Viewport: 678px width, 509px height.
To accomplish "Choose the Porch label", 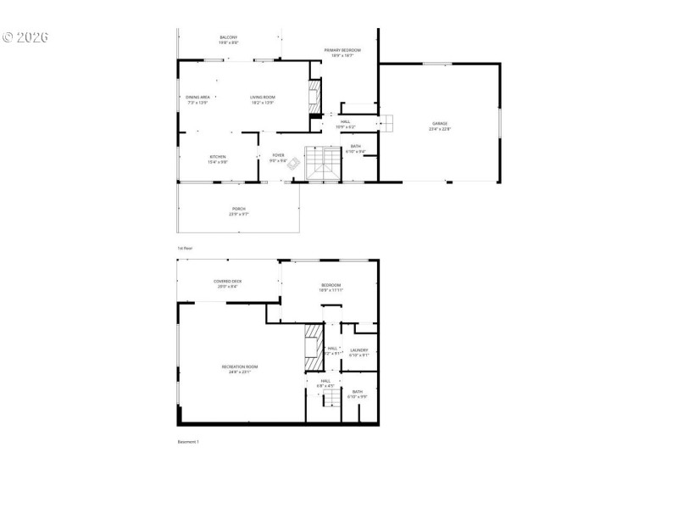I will point(239,211).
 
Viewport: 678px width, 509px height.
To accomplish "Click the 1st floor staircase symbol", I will point(323,163).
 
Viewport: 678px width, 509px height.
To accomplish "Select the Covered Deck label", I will point(228,283).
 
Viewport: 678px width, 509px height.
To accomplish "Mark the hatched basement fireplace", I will point(314,349).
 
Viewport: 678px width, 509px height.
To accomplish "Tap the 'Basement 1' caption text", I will point(187,441).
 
